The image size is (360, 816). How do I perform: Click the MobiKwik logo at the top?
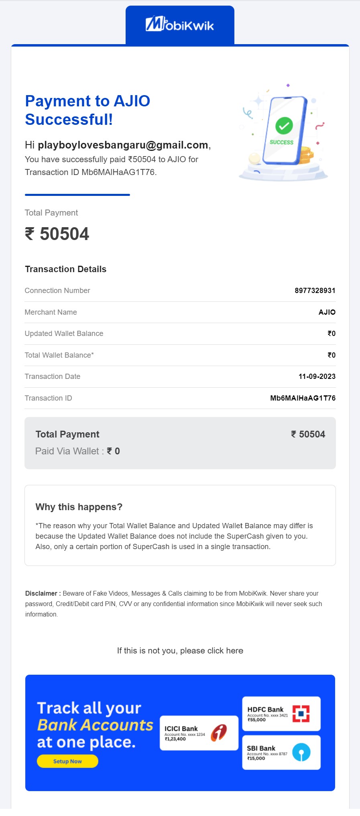(179, 24)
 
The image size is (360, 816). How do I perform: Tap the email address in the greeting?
(123, 145)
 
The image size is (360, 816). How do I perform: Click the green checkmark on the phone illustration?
(284, 126)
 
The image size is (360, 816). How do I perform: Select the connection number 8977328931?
(315, 291)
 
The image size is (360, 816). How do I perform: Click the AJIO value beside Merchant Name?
(327, 312)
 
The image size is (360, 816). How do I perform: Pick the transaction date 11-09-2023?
(317, 376)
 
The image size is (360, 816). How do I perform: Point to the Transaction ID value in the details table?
(303, 398)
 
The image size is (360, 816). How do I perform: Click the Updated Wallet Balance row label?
(64, 334)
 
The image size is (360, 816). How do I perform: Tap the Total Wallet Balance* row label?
(59, 355)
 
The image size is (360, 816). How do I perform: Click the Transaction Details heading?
(65, 269)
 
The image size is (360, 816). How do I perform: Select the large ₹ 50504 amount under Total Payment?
(57, 234)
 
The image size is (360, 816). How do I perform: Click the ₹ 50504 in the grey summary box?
(308, 434)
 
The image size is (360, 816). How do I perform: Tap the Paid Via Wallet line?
(77, 451)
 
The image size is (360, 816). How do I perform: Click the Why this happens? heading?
(79, 507)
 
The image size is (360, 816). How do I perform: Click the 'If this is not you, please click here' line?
(180, 651)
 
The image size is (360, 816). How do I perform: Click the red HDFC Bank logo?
(301, 714)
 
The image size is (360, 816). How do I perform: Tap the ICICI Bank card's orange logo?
(219, 733)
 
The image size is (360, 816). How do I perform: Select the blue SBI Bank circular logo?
(301, 752)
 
